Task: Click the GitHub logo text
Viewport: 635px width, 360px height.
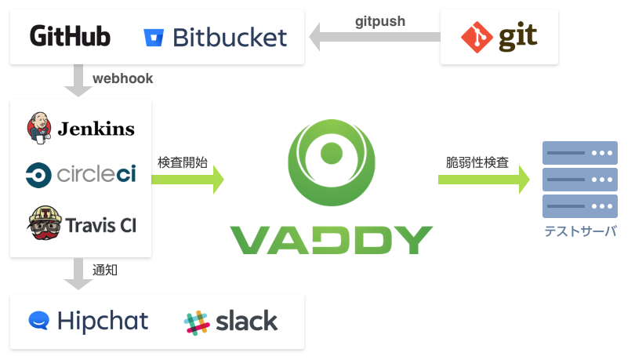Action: coord(70,36)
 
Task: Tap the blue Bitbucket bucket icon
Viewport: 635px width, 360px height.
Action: coord(154,38)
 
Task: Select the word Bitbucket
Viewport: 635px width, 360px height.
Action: coord(230,38)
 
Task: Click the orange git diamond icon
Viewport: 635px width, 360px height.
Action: coord(477,38)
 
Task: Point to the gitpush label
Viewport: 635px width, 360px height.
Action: coord(380,21)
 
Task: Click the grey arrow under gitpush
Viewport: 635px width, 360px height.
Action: coord(375,37)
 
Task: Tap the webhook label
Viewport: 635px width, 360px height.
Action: coord(123,78)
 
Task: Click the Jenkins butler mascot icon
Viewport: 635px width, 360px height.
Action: coord(39,128)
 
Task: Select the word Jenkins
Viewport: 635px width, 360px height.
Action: coord(96,129)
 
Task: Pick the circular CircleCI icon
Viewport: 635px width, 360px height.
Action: coord(38,176)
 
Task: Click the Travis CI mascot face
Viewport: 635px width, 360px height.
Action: coord(45,223)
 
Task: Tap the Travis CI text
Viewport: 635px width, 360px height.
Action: coord(101,225)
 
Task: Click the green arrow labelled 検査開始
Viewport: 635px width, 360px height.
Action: coord(187,180)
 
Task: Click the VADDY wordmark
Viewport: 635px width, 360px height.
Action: coord(332,240)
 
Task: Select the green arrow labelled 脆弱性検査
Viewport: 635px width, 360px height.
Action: coord(484,180)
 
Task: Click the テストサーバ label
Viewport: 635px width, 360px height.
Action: coord(580,231)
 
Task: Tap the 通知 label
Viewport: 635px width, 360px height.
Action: coord(105,270)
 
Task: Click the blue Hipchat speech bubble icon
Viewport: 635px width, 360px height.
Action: coord(39,321)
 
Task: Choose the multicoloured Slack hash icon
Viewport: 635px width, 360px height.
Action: coord(197,322)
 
